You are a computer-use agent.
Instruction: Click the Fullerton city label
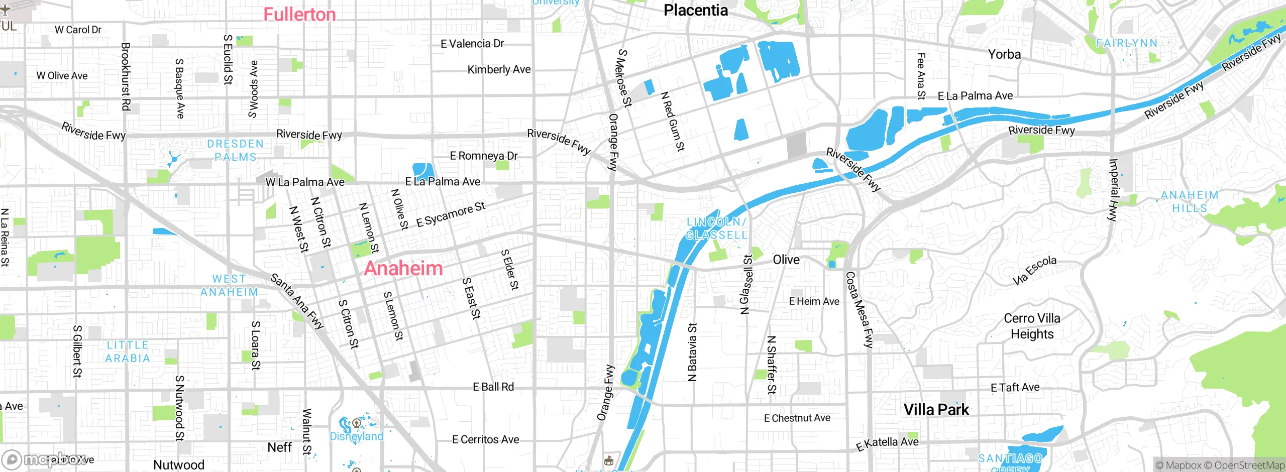pyautogui.click(x=299, y=15)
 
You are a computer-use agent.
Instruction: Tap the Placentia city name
pyautogui.click(x=695, y=10)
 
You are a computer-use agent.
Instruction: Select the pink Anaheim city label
pyautogui.click(x=403, y=268)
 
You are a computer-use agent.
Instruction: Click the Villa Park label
pyautogui.click(x=936, y=410)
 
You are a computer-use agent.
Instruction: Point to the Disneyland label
pyautogui.click(x=356, y=436)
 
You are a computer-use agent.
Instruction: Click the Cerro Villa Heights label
pyautogui.click(x=1032, y=326)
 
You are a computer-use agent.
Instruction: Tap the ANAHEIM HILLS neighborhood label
pyautogui.click(x=1190, y=201)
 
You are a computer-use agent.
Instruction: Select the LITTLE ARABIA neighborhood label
pyautogui.click(x=128, y=351)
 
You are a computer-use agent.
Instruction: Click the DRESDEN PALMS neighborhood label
pyautogui.click(x=235, y=150)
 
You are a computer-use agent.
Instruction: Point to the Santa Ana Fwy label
pyautogui.click(x=297, y=301)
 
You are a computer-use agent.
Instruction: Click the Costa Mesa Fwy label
pyautogui.click(x=859, y=310)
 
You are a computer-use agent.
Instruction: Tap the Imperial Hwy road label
pyautogui.click(x=1113, y=190)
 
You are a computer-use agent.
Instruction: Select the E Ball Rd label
pyautogui.click(x=493, y=387)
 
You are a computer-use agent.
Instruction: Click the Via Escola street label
pyautogui.click(x=1035, y=270)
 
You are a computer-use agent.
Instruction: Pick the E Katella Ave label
pyautogui.click(x=887, y=443)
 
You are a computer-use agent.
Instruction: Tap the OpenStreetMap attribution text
pyautogui.click(x=1249, y=465)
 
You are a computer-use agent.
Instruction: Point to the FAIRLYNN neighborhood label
pyautogui.click(x=1127, y=43)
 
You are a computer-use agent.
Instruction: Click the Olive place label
pyautogui.click(x=786, y=260)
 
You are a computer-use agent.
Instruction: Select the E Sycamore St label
pyautogui.click(x=451, y=214)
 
